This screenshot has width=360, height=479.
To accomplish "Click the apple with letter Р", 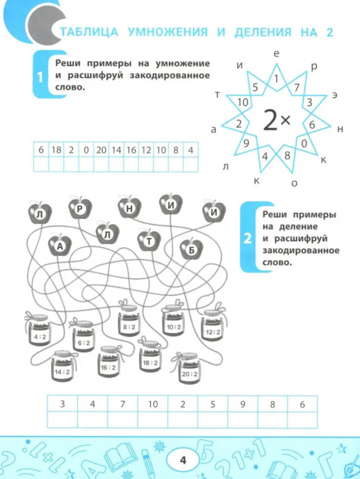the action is click(80, 209).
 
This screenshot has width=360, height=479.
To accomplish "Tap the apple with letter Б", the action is click(191, 249).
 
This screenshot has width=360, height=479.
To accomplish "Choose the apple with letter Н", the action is click(129, 208).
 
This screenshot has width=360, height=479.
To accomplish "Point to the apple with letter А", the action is click(60, 245).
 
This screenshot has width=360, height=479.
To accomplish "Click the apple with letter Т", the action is click(149, 241).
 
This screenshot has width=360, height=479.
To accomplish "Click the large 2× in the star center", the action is click(277, 120).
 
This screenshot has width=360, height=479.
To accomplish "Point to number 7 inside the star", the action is click(297, 88).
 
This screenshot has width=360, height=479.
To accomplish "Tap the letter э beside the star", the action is click(335, 95).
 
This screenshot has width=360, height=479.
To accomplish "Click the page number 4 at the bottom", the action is click(183, 460).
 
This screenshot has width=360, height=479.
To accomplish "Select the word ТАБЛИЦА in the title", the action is click(88, 32).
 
